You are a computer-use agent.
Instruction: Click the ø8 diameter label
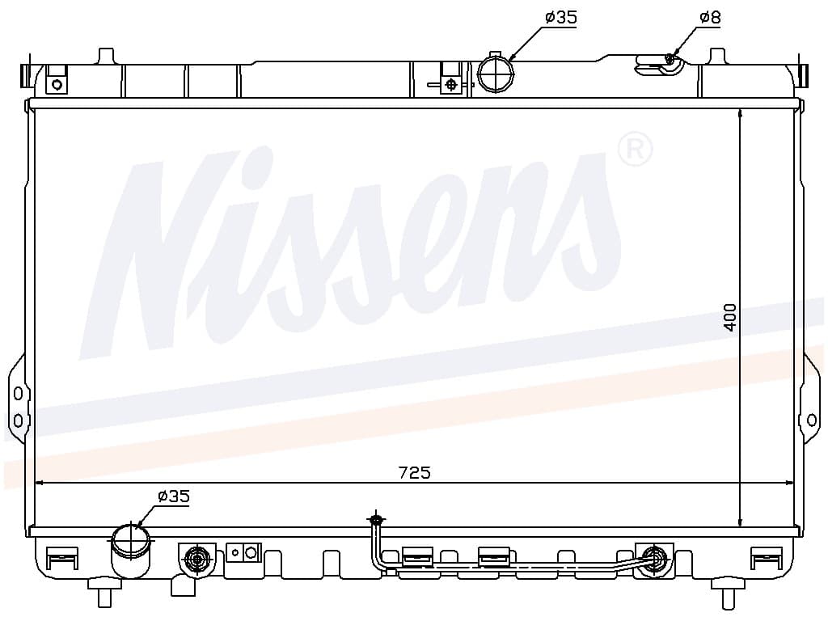click(710, 18)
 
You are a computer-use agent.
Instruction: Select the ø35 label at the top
click(561, 18)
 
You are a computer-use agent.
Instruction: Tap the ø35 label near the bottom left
click(173, 496)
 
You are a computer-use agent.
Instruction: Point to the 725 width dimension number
click(415, 472)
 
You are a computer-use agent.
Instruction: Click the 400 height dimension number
click(730, 317)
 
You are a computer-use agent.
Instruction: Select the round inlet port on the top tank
click(496, 74)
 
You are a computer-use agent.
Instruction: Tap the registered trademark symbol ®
click(635, 149)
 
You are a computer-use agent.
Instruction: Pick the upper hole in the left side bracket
click(18, 394)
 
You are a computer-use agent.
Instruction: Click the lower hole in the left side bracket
click(18, 420)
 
